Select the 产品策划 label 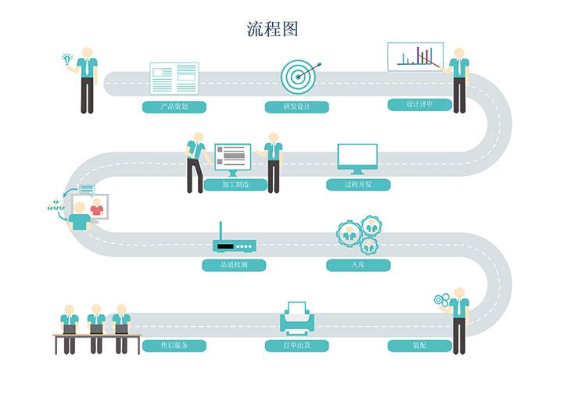(174, 106)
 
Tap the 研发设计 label (296, 106)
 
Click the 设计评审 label (419, 104)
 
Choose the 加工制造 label (235, 185)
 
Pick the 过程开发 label (357, 185)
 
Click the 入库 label (357, 265)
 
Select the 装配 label (419, 345)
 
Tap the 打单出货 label (296, 345)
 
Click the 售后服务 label (174, 345)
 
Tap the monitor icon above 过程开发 (357, 158)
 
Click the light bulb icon (66, 58)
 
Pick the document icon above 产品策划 (174, 78)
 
